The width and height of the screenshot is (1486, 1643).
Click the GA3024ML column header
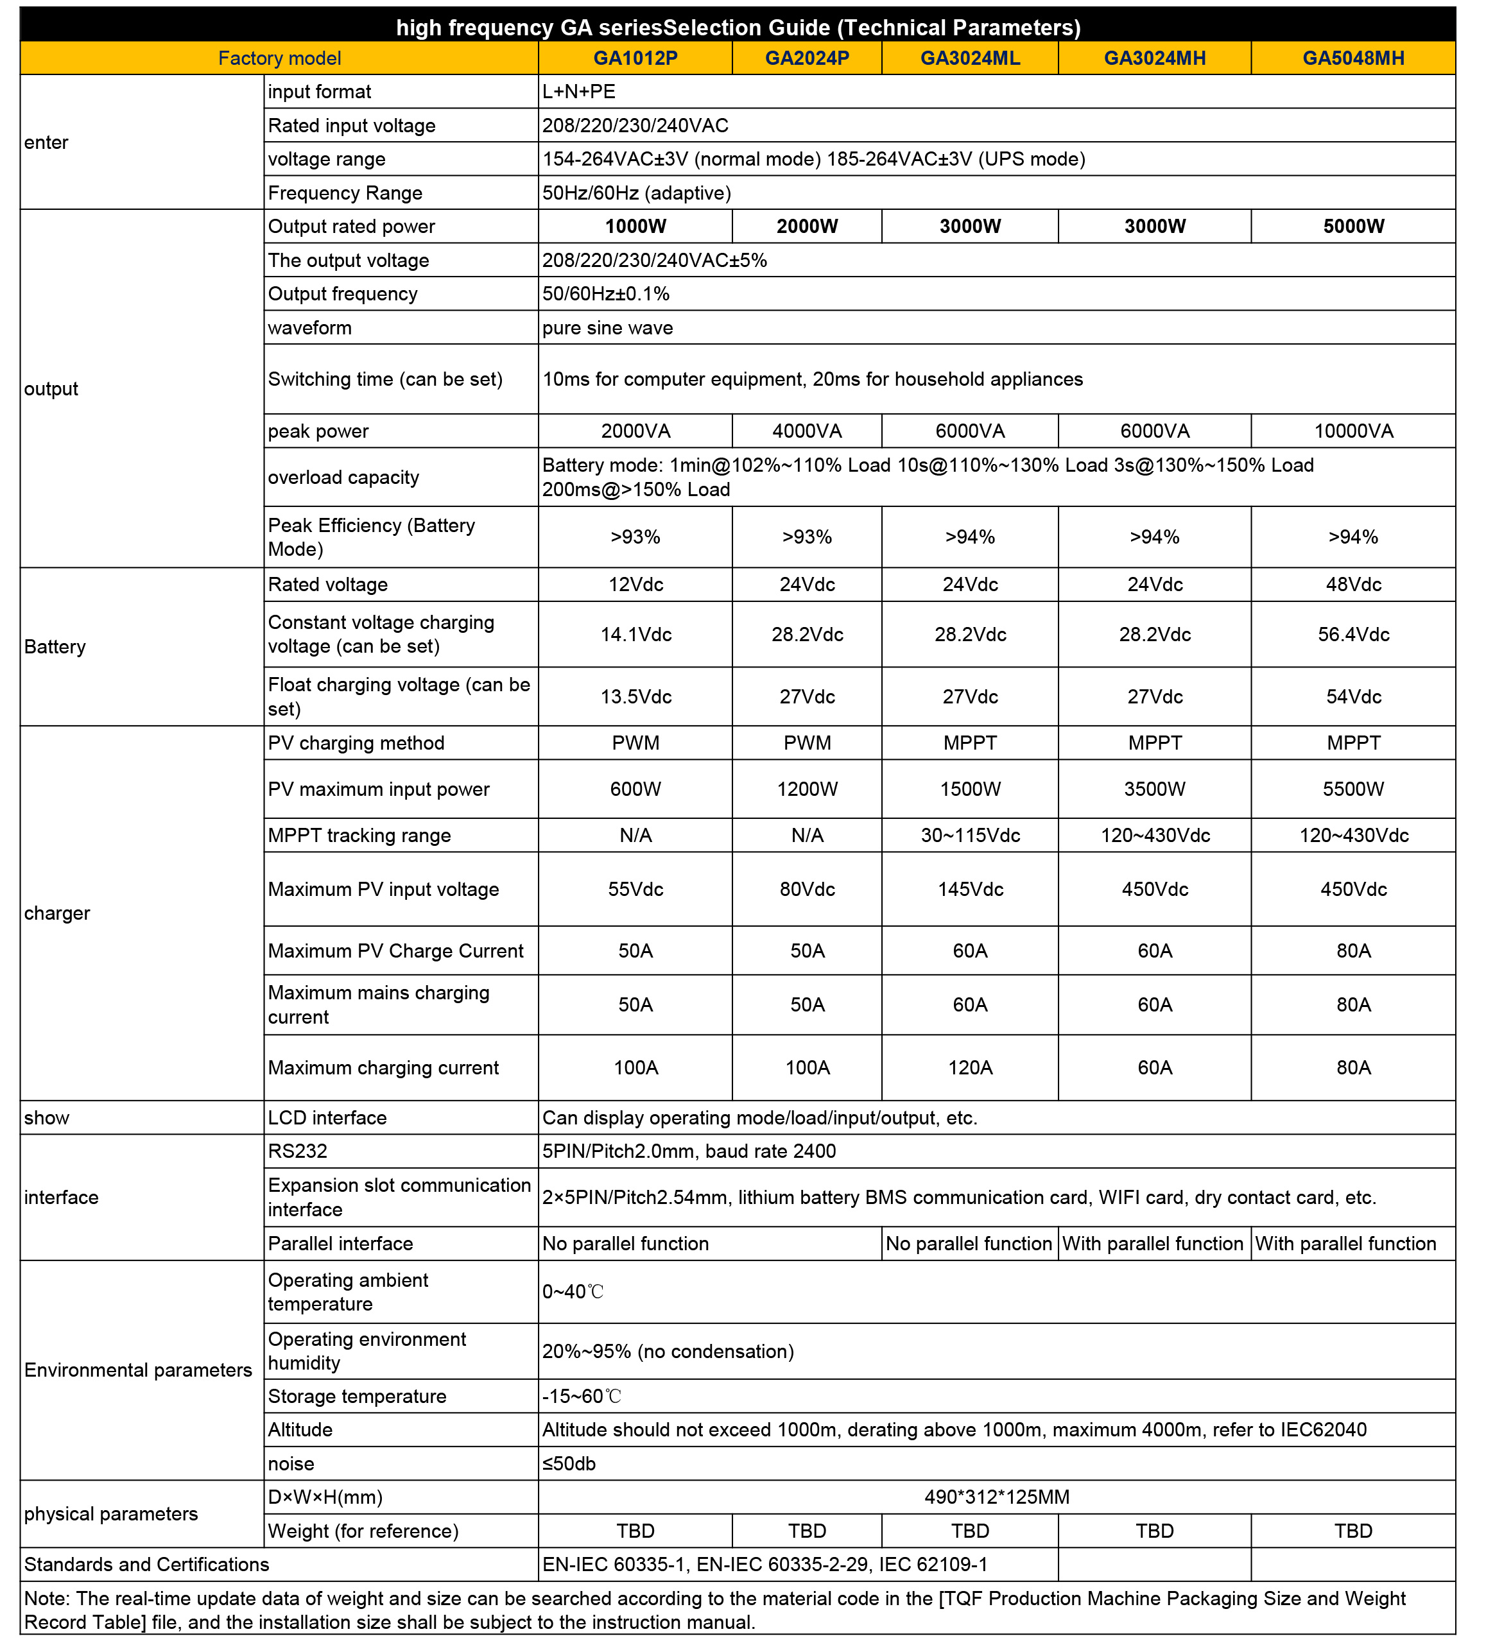point(969,58)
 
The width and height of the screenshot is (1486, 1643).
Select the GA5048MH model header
point(1352,58)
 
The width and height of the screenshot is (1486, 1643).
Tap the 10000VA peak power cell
point(1352,431)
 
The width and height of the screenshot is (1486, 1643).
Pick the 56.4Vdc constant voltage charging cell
point(1352,634)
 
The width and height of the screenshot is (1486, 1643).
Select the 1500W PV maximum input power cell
point(969,789)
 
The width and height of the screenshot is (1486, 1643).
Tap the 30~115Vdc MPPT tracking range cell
point(969,836)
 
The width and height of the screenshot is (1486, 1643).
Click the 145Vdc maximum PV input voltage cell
point(969,889)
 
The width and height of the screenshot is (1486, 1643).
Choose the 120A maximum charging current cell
point(969,1067)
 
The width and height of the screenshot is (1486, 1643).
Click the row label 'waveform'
point(310,327)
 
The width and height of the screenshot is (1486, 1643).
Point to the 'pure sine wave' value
point(607,327)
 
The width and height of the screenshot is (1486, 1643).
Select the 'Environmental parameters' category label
point(138,1370)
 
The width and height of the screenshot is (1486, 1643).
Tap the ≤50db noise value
point(569,1464)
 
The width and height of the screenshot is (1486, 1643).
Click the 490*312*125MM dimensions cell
point(996,1497)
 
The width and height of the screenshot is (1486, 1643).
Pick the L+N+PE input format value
point(579,91)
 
